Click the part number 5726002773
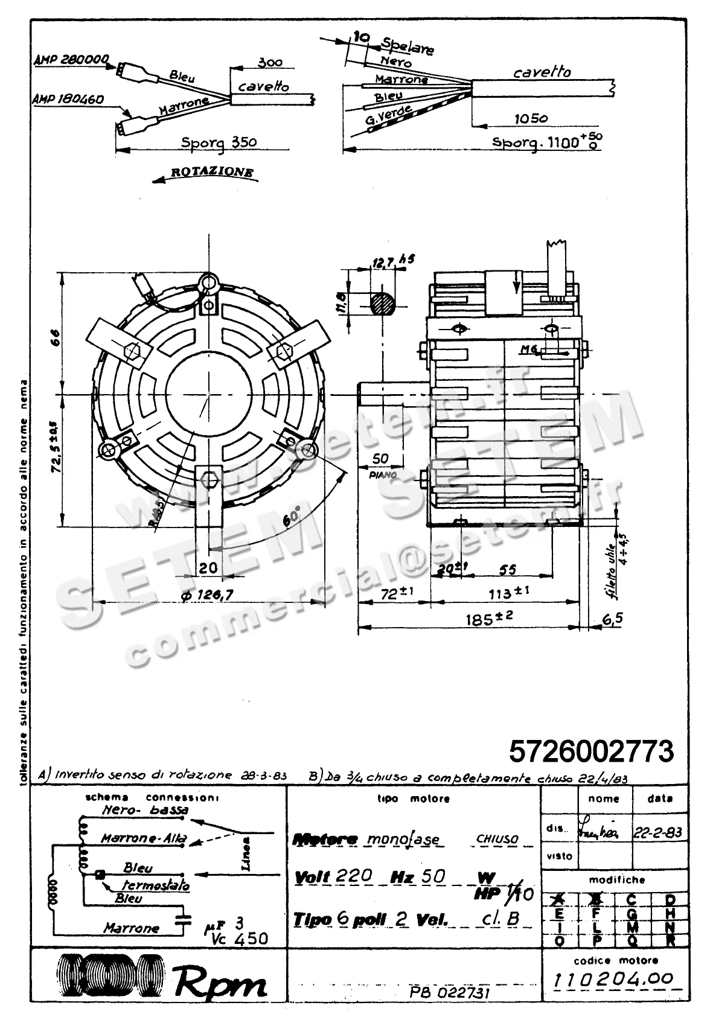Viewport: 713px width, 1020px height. pyautogui.click(x=591, y=751)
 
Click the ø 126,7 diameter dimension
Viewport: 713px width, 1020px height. pyautogui.click(x=207, y=594)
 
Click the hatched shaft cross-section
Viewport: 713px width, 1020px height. pyautogui.click(x=382, y=302)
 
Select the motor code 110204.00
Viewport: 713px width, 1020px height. pyautogui.click(x=613, y=979)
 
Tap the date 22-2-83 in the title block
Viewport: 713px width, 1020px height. pyautogui.click(x=658, y=832)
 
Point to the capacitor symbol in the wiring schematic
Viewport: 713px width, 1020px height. pyautogui.click(x=181, y=920)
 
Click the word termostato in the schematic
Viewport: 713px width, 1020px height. pyautogui.click(x=156, y=885)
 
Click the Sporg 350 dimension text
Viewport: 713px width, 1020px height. pyautogui.click(x=219, y=142)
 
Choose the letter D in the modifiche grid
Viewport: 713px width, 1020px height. pyautogui.click(x=670, y=900)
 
